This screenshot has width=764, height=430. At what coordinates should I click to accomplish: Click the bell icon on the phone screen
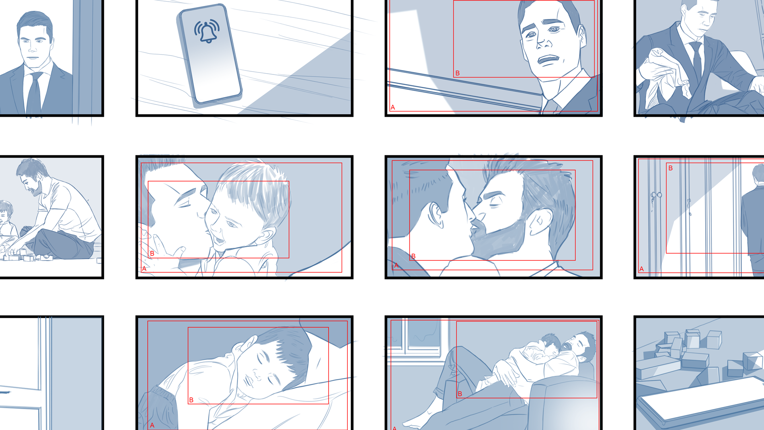pyautogui.click(x=207, y=31)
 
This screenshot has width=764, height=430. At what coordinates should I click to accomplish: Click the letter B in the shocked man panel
pyautogui.click(x=458, y=73)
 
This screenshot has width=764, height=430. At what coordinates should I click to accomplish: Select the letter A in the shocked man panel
pyautogui.click(x=393, y=107)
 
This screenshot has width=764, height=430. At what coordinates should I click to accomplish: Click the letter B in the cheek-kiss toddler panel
pyautogui.click(x=152, y=254)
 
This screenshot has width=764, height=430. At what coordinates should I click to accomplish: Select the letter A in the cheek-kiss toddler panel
pyautogui.click(x=144, y=269)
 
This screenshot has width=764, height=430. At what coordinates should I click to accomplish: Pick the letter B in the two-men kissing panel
pyautogui.click(x=413, y=256)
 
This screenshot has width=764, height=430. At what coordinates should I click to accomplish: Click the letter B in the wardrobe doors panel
pyautogui.click(x=670, y=168)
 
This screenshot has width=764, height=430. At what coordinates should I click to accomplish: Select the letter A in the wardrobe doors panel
pyautogui.click(x=641, y=269)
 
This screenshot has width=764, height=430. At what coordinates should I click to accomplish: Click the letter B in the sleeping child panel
pyautogui.click(x=191, y=400)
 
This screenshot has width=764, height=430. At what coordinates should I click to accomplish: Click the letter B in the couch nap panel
pyautogui.click(x=460, y=394)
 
